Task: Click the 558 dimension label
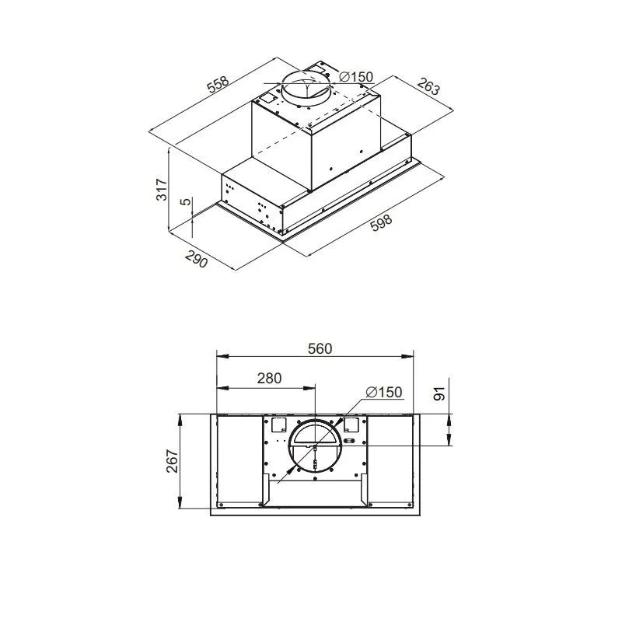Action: point(218,85)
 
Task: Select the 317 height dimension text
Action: point(162,190)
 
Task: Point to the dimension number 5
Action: point(185,201)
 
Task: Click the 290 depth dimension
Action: point(197,259)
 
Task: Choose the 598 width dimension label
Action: point(381,222)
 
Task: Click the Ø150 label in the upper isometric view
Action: point(356,76)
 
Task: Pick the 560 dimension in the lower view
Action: point(320,348)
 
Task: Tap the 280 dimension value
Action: point(269,379)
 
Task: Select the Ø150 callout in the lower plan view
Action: point(384,393)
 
